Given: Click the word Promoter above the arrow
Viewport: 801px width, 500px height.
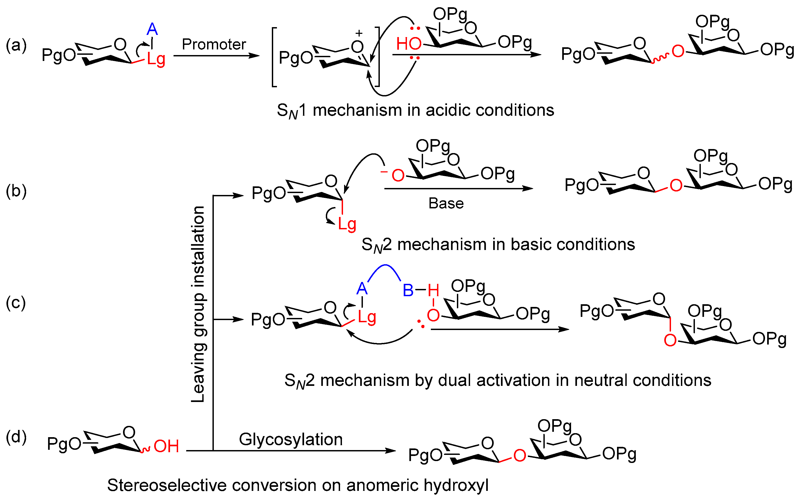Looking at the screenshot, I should [x=214, y=44].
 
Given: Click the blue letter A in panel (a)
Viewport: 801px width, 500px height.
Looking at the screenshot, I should [x=152, y=30].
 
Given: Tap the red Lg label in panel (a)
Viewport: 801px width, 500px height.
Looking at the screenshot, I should [x=156, y=60].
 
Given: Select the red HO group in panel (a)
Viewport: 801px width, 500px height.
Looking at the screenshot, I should [x=409, y=44].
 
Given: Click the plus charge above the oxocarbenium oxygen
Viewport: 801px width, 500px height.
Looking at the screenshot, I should [x=359, y=33].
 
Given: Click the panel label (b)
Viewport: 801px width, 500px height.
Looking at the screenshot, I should [x=16, y=191].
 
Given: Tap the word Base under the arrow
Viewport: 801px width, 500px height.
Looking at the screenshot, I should [x=446, y=203].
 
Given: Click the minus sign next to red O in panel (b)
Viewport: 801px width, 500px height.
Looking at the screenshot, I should [x=384, y=172].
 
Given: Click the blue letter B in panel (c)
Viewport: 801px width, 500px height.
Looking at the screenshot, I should [x=408, y=291].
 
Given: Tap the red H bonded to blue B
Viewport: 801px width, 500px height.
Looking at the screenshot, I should [x=433, y=291].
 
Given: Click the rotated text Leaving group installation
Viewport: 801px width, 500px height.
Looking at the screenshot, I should [x=199, y=304].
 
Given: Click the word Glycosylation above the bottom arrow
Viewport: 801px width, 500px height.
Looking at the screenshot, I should [x=291, y=440].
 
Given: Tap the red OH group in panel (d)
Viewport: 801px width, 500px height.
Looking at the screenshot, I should [x=166, y=446].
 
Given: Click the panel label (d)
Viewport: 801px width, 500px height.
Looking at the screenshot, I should [x=16, y=437].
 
